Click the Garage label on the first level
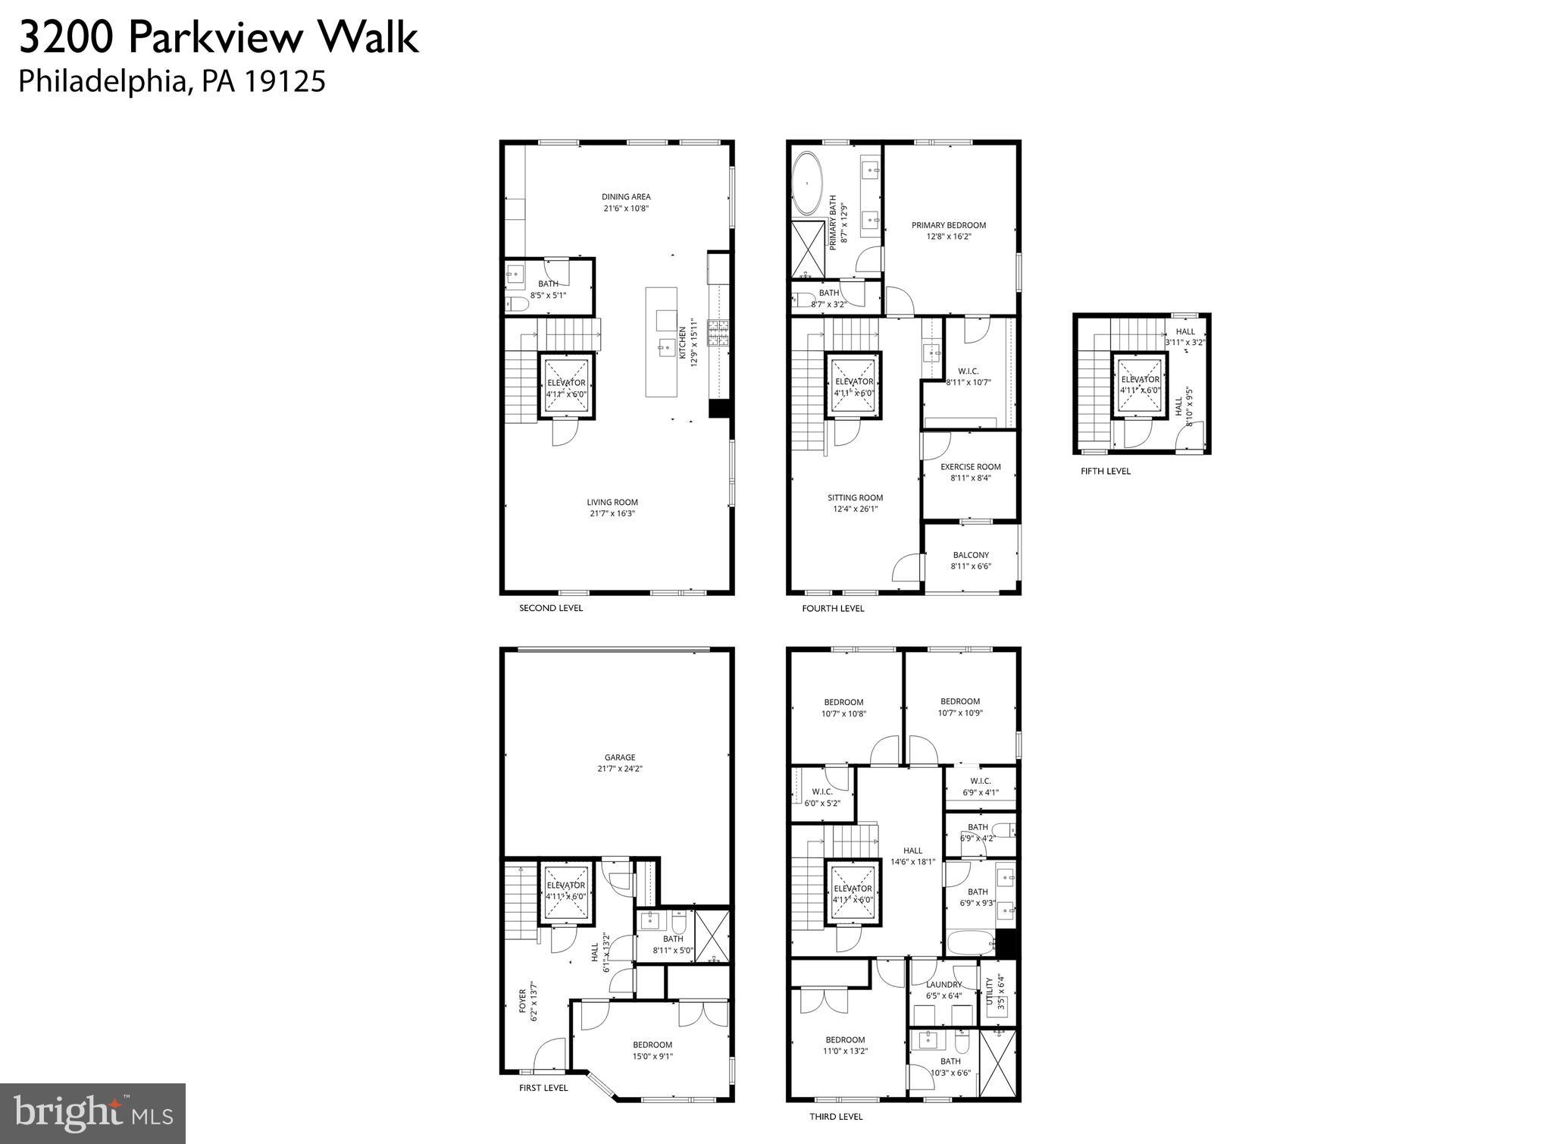(x=619, y=757)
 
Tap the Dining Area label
(x=626, y=197)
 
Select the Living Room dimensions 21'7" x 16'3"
(x=612, y=513)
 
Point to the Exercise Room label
(x=970, y=467)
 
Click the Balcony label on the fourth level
(x=971, y=555)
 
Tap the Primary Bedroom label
(x=948, y=225)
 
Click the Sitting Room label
(x=855, y=498)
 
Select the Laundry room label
(x=943, y=985)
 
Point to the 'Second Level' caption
(x=550, y=608)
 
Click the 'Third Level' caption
(x=836, y=1116)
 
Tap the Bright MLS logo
(x=92, y=1112)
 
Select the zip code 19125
(x=284, y=81)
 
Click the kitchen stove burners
(x=717, y=332)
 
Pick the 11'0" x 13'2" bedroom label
(x=845, y=1045)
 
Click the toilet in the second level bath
(x=518, y=305)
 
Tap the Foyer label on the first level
(x=523, y=1001)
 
